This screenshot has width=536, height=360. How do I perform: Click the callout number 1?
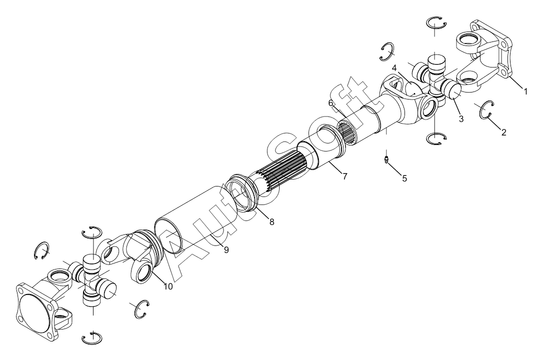coord(525,91)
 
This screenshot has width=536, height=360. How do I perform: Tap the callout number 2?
coord(503,132)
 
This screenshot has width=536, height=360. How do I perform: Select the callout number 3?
coord(461,119)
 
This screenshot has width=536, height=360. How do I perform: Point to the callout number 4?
coord(394,67)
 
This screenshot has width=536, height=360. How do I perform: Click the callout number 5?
coord(404,178)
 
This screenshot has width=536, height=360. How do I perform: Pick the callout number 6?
coord(330,103)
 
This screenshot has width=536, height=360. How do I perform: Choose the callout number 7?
coord(345,176)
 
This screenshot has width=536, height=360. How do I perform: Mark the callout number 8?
coord(272,222)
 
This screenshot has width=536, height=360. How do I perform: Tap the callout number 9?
coord(226,250)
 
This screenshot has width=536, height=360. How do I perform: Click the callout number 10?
coord(168,286)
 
